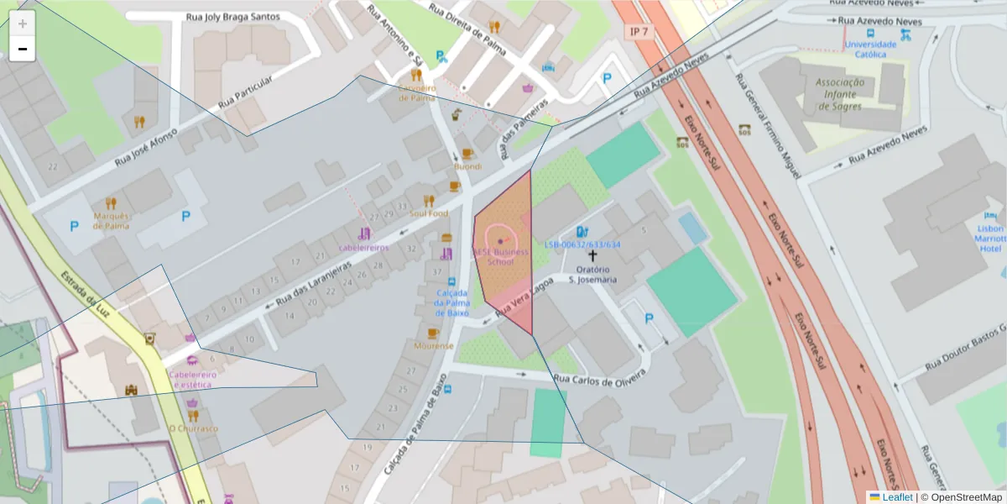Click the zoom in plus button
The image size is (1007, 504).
point(23,24)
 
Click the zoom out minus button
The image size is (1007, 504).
point(23,49)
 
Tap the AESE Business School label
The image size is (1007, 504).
point(501,256)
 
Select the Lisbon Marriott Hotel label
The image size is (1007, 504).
point(990,239)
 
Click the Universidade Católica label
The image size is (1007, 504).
point(869,50)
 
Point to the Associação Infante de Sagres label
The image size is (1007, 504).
point(839,94)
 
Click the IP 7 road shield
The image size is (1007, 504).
point(639,31)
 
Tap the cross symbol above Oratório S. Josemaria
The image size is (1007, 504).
point(592,255)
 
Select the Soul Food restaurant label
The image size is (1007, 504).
point(429,213)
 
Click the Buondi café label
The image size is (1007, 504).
point(467,166)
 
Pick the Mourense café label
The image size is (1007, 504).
point(433,345)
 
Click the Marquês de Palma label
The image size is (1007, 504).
point(111,220)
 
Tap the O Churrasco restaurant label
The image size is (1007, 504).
point(193,428)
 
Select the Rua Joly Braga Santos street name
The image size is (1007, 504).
point(232,16)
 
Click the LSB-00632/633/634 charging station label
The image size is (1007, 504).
point(582,244)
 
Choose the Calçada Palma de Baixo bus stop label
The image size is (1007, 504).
point(452,302)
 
